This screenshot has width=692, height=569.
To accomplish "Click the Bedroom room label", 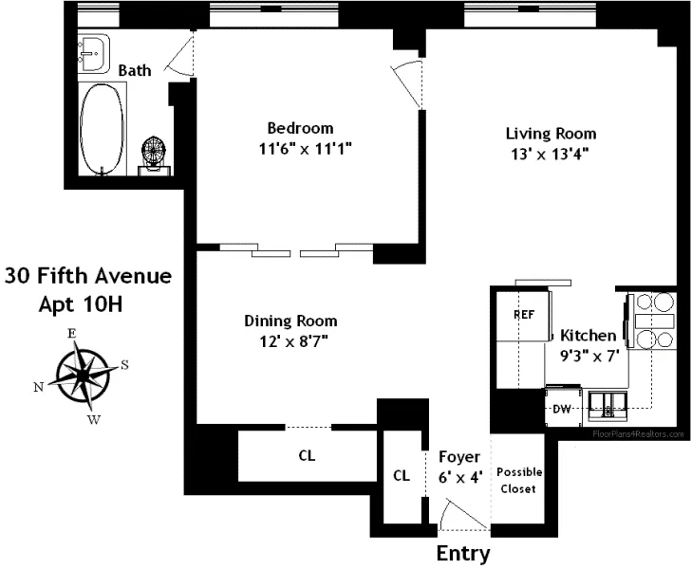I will point(300,128).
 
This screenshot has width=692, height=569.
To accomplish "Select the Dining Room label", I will point(290,321).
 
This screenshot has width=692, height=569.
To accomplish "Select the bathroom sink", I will point(94,54).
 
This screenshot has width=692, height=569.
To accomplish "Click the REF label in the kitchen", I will point(524,314).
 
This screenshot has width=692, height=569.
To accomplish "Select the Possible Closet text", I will point(519,480).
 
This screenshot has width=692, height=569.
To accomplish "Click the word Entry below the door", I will point(462,553).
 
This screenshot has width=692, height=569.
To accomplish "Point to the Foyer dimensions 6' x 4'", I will point(460,477).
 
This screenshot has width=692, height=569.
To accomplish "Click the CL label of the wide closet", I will point(307,455).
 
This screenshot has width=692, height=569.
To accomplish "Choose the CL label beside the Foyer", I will point(401,475).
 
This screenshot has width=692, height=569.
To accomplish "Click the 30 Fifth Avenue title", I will point(88,276).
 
